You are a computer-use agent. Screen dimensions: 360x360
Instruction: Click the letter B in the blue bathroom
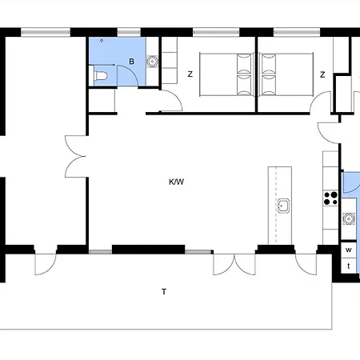131,62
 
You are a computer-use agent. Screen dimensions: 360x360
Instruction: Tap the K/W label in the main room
176,182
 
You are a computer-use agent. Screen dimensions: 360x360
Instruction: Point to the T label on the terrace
164,292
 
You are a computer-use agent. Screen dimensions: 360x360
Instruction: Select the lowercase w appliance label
349,250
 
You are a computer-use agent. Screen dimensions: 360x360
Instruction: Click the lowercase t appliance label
349,266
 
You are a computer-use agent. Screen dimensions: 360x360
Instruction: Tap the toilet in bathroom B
101,76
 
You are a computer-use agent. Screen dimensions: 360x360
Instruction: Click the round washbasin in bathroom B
153,62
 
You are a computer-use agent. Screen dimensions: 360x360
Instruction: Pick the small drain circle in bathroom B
102,40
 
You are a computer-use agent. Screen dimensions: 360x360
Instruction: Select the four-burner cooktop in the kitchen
330,198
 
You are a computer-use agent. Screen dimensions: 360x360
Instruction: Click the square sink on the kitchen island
283,206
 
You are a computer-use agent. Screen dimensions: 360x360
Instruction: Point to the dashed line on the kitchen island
276,206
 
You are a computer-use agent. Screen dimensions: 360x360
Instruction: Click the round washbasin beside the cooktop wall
348,218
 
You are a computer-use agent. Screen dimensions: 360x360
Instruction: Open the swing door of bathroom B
127,76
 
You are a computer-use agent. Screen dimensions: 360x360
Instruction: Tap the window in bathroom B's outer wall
129,33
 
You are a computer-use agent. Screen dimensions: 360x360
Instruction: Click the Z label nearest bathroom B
190,74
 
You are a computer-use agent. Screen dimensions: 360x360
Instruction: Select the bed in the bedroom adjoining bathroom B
226,74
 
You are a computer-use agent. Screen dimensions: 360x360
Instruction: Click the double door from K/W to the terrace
234,265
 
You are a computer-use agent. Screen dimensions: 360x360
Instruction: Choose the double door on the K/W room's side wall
76,157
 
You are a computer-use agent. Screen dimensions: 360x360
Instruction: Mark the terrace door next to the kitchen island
306,264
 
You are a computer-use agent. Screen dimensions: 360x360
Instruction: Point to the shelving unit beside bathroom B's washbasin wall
170,60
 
